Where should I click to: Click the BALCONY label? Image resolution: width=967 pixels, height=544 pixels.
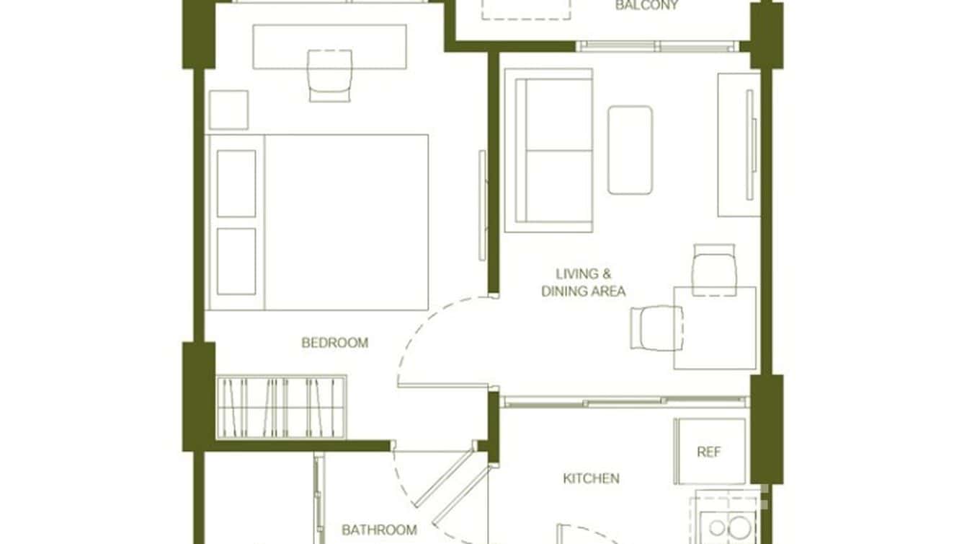coord(646,6)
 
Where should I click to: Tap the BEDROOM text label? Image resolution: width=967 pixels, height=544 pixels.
coord(334,343)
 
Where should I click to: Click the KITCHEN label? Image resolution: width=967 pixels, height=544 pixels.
coord(591,478)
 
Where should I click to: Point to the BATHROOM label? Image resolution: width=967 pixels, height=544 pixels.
coord(379,530)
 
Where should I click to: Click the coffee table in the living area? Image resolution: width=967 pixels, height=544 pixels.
coord(630,150)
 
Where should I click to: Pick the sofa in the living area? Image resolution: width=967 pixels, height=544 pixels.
coord(548,150)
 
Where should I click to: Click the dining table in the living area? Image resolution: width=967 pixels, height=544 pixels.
coord(715,328)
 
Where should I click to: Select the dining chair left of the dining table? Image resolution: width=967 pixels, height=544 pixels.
coord(656,328)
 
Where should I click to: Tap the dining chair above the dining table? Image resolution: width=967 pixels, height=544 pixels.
coord(715,269)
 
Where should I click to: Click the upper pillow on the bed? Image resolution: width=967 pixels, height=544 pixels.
coord(236,183)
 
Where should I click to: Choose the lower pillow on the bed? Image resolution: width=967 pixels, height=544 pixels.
coord(236,261)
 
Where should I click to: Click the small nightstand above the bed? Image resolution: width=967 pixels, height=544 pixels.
coord(228,110)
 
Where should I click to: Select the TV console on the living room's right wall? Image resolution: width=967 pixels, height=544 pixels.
coord(739,144)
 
